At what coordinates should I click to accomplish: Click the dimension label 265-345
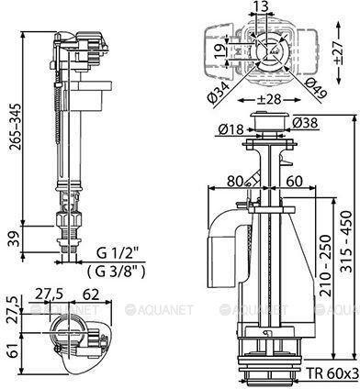coord(16,127)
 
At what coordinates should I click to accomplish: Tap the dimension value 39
coord(14,239)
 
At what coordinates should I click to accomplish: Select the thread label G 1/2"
coord(118,253)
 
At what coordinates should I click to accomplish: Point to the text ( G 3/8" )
coord(116,272)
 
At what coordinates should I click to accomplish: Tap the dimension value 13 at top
coord(261,6)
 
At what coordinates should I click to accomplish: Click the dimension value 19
coord(220,50)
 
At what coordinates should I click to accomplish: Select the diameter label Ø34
coord(219,91)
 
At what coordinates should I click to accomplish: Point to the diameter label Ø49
coord(316,88)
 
